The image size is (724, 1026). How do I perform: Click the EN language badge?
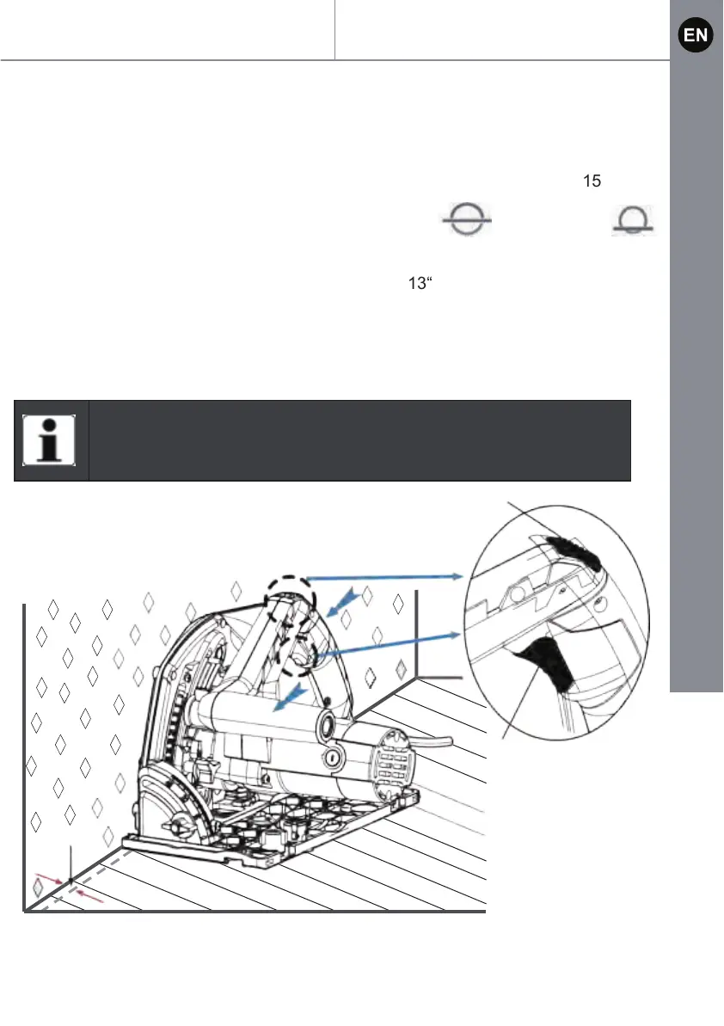click(695, 35)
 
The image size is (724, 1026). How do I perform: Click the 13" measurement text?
click(416, 284)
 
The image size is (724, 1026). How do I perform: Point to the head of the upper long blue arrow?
click(457, 574)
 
